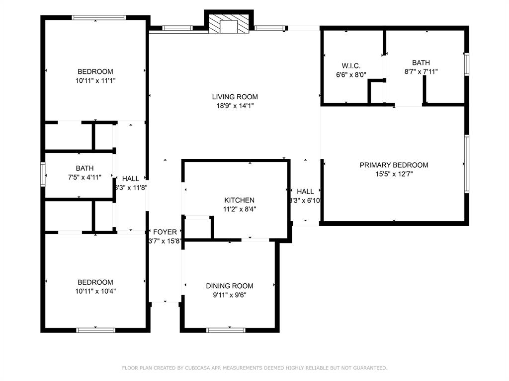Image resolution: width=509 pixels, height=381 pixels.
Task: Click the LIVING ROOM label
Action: [x=235, y=97]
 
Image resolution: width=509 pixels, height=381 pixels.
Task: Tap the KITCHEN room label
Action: [x=239, y=200]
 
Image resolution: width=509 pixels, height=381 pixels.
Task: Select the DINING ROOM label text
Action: [x=230, y=286]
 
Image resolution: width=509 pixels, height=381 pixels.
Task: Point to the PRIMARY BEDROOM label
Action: [x=394, y=165]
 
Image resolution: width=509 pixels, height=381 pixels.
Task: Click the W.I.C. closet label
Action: [x=351, y=66]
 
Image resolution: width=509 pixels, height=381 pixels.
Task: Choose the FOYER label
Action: [x=165, y=232]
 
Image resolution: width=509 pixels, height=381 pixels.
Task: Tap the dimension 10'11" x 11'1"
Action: [x=95, y=80]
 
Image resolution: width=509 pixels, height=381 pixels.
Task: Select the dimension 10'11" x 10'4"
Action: [x=95, y=291]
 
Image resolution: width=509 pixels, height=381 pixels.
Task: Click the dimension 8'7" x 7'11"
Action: [x=421, y=71]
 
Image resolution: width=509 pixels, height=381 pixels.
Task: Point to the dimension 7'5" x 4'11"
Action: [x=85, y=177]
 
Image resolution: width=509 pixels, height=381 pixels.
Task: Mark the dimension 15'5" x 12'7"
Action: [x=394, y=174]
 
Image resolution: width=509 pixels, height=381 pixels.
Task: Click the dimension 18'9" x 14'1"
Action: [x=235, y=106]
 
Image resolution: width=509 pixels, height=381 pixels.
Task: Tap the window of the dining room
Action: [x=226, y=330]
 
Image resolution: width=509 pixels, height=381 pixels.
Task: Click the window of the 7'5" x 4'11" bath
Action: [x=43, y=174]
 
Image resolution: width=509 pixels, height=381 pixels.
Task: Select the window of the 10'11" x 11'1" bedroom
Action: [x=99, y=17]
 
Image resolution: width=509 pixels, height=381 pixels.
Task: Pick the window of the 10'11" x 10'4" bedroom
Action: [x=96, y=330]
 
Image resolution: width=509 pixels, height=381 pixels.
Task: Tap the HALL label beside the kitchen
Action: [x=305, y=191]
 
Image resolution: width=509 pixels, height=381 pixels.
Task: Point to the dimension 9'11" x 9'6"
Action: [x=230, y=295]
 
